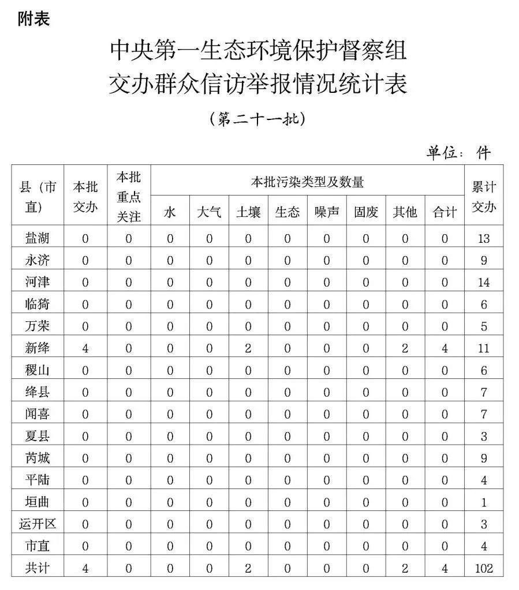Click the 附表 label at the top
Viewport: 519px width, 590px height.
(34, 20)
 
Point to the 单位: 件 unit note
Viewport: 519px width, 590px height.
(458, 152)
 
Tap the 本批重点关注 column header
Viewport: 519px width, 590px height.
(128, 197)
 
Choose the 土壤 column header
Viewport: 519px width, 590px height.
(248, 212)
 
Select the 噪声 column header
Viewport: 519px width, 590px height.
(327, 212)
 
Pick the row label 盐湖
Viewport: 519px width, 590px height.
(38, 238)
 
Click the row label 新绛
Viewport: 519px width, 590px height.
(38, 348)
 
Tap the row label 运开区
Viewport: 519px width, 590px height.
(38, 524)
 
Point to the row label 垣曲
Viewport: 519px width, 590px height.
(38, 502)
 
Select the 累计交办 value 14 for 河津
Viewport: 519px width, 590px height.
(484, 283)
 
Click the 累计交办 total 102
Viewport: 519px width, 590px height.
(484, 569)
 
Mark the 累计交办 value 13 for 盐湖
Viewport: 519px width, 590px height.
(484, 238)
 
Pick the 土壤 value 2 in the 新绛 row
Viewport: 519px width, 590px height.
(248, 348)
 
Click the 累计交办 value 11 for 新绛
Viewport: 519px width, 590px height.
(484, 348)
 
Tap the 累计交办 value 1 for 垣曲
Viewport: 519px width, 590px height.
(484, 502)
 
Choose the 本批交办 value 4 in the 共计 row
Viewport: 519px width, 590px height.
(85, 569)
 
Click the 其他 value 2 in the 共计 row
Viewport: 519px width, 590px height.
(405, 569)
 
